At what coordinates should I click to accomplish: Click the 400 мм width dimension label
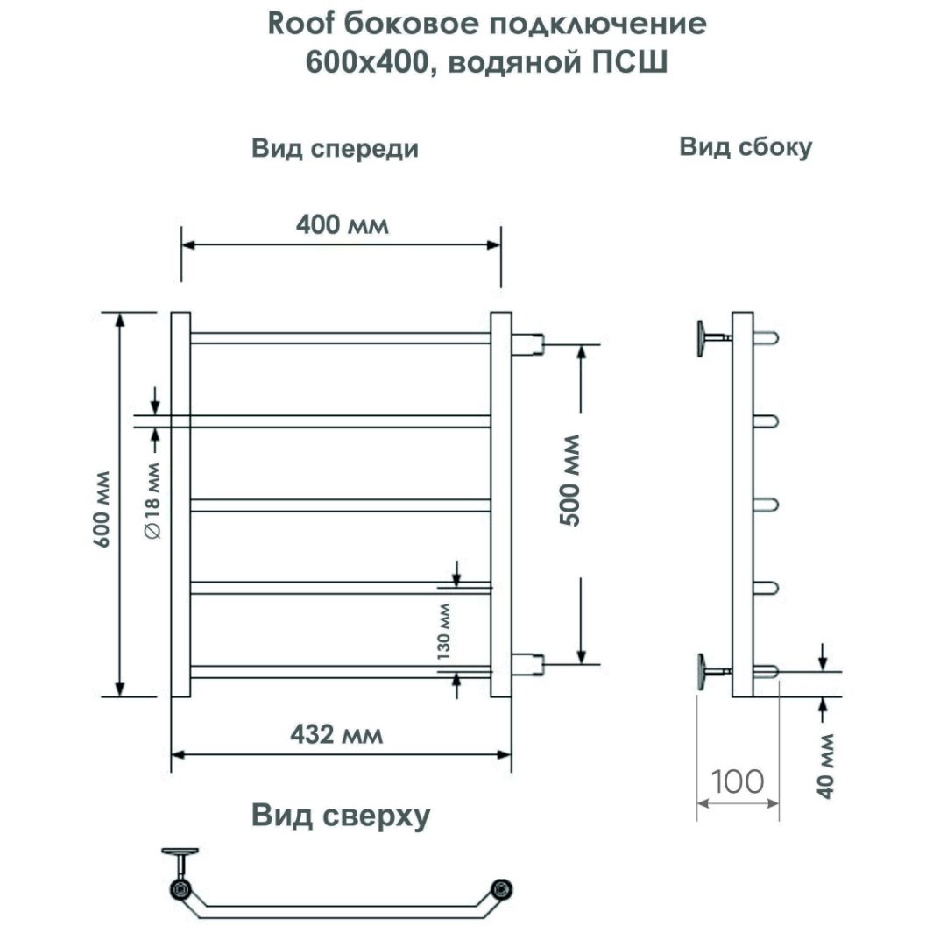click(341, 225)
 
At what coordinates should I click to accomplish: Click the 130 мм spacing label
click(443, 630)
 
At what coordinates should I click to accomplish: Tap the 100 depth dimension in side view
click(738, 781)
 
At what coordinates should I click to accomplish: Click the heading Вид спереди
click(335, 149)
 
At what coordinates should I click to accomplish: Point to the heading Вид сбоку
click(746, 147)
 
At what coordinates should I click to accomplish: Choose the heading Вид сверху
click(341, 816)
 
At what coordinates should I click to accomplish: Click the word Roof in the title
click(297, 25)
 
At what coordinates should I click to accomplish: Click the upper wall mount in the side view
click(705, 337)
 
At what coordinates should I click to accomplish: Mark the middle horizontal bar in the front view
click(341, 505)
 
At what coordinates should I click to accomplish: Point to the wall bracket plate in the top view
click(181, 851)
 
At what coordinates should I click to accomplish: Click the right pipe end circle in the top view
click(502, 888)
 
